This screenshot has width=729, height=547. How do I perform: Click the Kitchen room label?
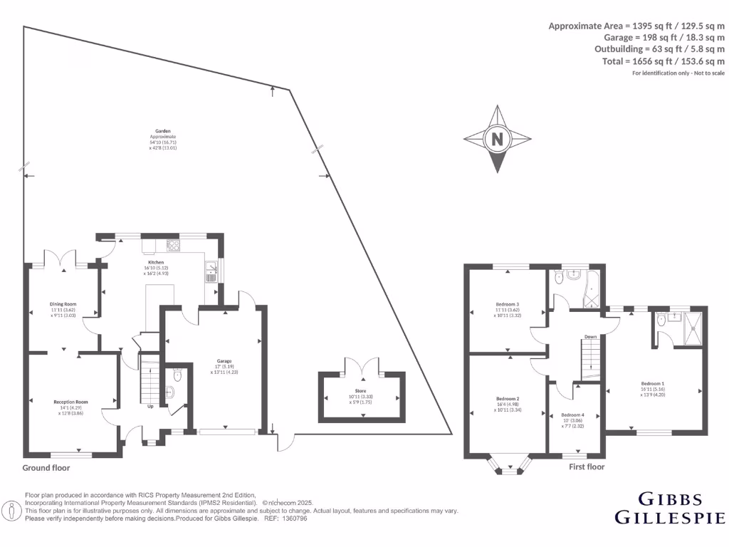(x=157, y=262)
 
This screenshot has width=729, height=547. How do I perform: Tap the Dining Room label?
(x=63, y=304)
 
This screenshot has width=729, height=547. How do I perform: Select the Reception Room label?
(x=70, y=402)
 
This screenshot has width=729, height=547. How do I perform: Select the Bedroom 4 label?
(x=572, y=415)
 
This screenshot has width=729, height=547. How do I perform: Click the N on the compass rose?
(x=497, y=140)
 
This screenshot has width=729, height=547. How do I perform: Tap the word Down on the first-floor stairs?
(x=590, y=337)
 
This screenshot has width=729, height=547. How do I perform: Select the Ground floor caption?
(x=47, y=468)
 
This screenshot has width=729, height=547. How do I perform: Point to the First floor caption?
(x=587, y=467)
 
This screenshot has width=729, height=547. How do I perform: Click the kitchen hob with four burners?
(x=174, y=246)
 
